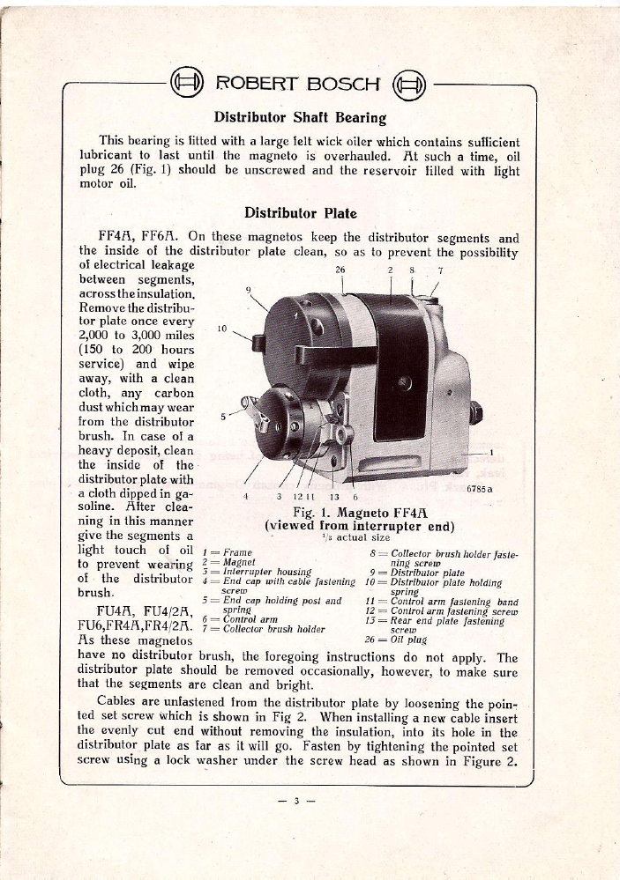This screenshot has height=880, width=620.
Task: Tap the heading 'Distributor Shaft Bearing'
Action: [301, 116]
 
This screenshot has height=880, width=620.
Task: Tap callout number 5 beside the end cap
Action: [223, 417]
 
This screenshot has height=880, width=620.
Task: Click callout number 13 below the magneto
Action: [333, 495]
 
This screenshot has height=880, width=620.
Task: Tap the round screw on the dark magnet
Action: [405, 381]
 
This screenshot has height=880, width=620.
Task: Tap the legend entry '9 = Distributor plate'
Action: [414, 571]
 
